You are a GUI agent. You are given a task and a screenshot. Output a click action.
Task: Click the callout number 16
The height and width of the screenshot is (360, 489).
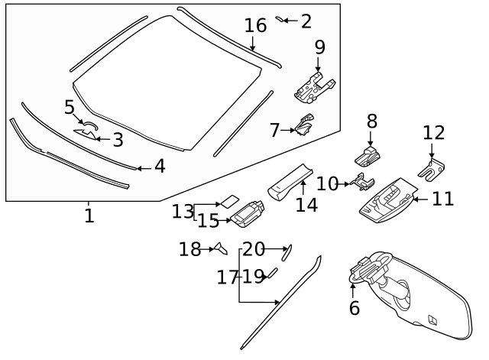(255, 25)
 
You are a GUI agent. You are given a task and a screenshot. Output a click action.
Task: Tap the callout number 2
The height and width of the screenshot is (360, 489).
(306, 21)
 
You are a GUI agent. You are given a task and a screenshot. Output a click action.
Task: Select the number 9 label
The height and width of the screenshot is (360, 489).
(319, 47)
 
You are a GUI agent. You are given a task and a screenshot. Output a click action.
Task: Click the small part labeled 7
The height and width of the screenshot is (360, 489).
(306, 125)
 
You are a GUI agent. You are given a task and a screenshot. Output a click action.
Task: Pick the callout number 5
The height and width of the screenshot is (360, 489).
(70, 107)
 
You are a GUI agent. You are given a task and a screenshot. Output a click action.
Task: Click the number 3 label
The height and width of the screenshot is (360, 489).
(117, 140)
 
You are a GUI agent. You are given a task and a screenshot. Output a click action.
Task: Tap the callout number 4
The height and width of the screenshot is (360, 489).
(159, 166)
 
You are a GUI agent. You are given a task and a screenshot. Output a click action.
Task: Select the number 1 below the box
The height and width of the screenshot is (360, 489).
(89, 216)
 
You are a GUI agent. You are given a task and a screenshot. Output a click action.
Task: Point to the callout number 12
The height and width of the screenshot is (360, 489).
(433, 133)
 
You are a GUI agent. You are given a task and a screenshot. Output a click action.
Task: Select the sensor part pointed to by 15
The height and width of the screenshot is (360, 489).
(249, 215)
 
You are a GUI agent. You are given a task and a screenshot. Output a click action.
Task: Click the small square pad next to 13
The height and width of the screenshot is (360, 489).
(228, 202)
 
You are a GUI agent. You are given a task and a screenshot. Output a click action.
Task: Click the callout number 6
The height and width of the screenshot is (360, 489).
(354, 307)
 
